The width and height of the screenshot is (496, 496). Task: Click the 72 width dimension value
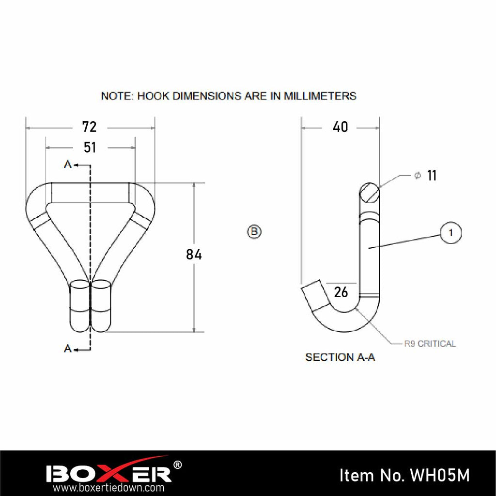click(90, 127)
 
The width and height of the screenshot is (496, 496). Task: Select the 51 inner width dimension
click(90, 147)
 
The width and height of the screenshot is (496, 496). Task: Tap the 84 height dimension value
click(194, 255)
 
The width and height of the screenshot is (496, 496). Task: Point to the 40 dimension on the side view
click(341, 127)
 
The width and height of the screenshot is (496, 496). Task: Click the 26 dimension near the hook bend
click(341, 292)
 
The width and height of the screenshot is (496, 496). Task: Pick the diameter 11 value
click(432, 176)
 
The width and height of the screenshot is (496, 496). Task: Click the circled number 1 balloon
click(451, 233)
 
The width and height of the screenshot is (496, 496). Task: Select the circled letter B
click(254, 232)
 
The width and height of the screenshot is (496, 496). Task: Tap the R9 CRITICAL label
click(430, 344)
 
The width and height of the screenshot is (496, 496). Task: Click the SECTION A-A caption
click(340, 357)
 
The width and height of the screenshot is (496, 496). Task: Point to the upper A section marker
click(68, 165)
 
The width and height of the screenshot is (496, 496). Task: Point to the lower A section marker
click(68, 348)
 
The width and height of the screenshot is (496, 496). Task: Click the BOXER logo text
click(108, 473)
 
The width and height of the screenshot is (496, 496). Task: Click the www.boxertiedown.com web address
click(108, 488)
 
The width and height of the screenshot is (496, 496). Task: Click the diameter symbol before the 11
click(417, 176)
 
